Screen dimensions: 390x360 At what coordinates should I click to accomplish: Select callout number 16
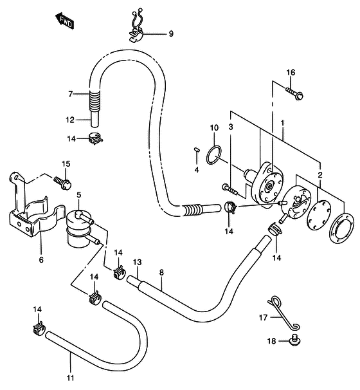(x=290, y=72)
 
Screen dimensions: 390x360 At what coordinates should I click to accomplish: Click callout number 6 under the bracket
(x=40, y=261)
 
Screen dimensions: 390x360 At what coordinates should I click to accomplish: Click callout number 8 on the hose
(x=162, y=272)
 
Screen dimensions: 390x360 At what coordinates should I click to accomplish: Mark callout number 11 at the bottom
(x=69, y=377)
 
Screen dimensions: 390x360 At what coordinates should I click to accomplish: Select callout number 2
(x=320, y=174)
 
